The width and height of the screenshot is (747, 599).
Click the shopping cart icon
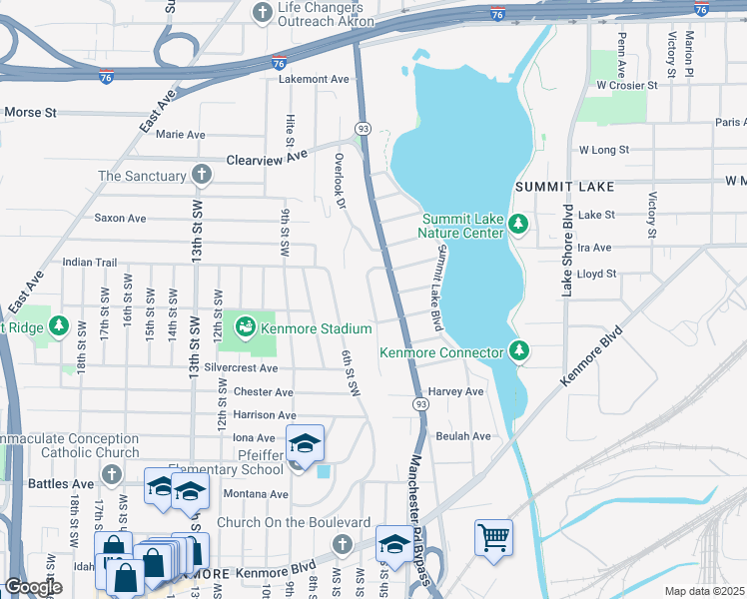coord(493,537)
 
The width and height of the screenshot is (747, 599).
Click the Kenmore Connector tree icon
coord(517,350)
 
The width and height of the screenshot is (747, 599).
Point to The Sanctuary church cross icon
coord(202,176)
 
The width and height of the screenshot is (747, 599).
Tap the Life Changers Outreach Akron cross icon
coord(262,13)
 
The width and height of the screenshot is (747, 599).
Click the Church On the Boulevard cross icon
coord(343,544)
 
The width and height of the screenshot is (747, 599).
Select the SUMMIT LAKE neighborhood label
coord(564,187)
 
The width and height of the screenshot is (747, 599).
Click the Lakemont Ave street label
coord(314,78)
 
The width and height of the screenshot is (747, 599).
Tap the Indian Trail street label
coord(90,263)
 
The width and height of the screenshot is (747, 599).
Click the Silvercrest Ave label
coord(240,367)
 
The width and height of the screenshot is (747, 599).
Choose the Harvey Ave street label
coord(455,391)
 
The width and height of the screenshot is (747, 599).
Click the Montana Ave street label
coord(256,494)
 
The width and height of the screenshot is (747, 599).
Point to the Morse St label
coord(30,113)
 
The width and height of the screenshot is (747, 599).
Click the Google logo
coord(32,587)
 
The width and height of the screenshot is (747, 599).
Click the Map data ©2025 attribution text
coord(704,591)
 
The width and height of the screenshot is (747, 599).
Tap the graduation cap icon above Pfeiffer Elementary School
coord(306,443)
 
